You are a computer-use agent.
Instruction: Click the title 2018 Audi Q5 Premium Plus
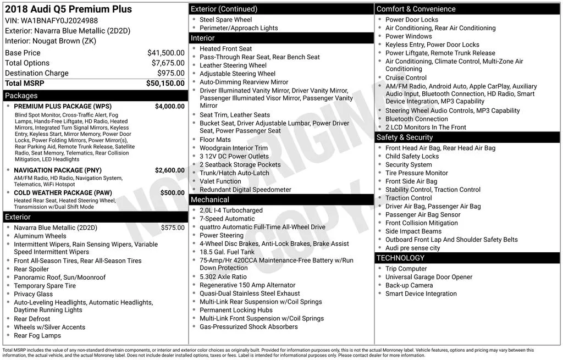(x=68, y=9)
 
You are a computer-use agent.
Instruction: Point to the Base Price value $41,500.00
(x=165, y=53)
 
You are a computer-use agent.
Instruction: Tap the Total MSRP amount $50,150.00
(x=165, y=83)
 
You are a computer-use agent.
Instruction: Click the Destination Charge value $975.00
(x=170, y=73)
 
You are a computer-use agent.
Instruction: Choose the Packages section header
(x=21, y=96)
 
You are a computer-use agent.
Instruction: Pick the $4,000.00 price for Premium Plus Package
(x=169, y=107)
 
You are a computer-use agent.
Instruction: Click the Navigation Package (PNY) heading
(x=58, y=170)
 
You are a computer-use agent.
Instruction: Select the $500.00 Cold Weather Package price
(x=172, y=193)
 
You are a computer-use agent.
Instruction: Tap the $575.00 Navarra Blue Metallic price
(x=173, y=228)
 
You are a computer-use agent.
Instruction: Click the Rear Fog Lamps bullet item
(x=37, y=336)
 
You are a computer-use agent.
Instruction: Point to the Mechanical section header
(x=210, y=200)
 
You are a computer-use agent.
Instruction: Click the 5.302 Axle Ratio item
(x=223, y=277)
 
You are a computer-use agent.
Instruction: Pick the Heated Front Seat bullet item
(x=225, y=49)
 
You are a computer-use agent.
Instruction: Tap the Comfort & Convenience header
(x=416, y=9)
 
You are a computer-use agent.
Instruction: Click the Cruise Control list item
(x=406, y=78)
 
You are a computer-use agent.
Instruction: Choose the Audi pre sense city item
(x=412, y=248)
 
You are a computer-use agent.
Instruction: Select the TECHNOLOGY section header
(x=401, y=258)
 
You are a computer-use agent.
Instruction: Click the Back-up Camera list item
(x=409, y=286)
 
